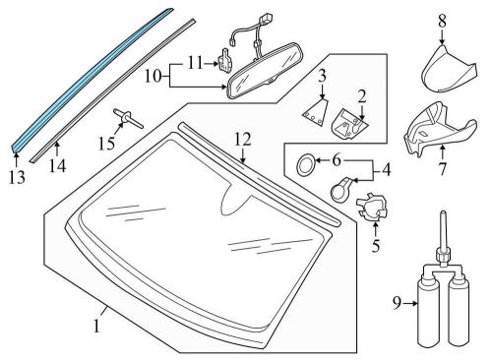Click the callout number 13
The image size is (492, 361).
click(17, 177)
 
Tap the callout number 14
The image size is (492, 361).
click(57, 165)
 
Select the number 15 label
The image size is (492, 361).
click(106, 144)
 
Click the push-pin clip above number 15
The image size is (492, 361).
click(128, 118)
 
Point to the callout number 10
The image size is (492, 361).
click(154, 77)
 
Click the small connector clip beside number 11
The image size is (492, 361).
click(225, 60)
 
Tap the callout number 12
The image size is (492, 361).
click(243, 140)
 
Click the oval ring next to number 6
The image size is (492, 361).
click(305, 163)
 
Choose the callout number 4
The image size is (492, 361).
click(387, 170)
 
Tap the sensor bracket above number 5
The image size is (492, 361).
click(372, 207)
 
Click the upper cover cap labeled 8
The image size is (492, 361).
click(449, 70)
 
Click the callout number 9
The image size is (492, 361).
click(397, 303)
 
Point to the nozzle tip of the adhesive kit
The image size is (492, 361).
click(443, 213)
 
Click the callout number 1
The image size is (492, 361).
click(96, 327)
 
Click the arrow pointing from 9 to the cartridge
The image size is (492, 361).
click(410, 304)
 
